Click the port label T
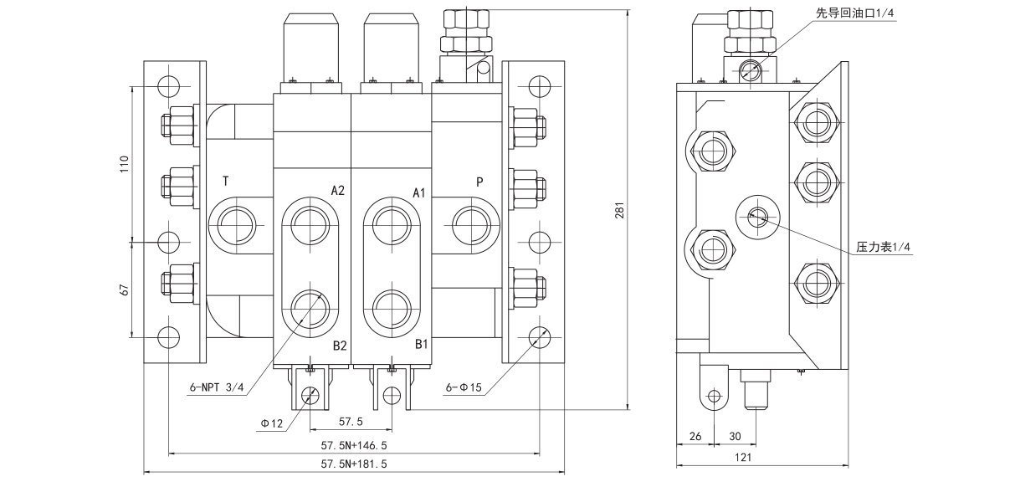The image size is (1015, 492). pos(226,181)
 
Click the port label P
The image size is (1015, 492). pos(479,181)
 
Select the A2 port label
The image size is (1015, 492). pos(337,190)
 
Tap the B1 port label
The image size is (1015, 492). pos(421,343)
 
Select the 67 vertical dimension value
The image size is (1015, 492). pos(123,290)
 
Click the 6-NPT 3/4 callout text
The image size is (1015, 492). pos(216,387)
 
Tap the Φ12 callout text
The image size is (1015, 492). pos(274,423)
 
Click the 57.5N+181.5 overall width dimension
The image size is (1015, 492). pos(354,463)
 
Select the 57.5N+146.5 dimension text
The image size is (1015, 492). pos(354,445)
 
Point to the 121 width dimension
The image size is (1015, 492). pos(743,457)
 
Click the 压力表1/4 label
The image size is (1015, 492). pos(883,248)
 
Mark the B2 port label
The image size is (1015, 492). pos(339,346)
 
